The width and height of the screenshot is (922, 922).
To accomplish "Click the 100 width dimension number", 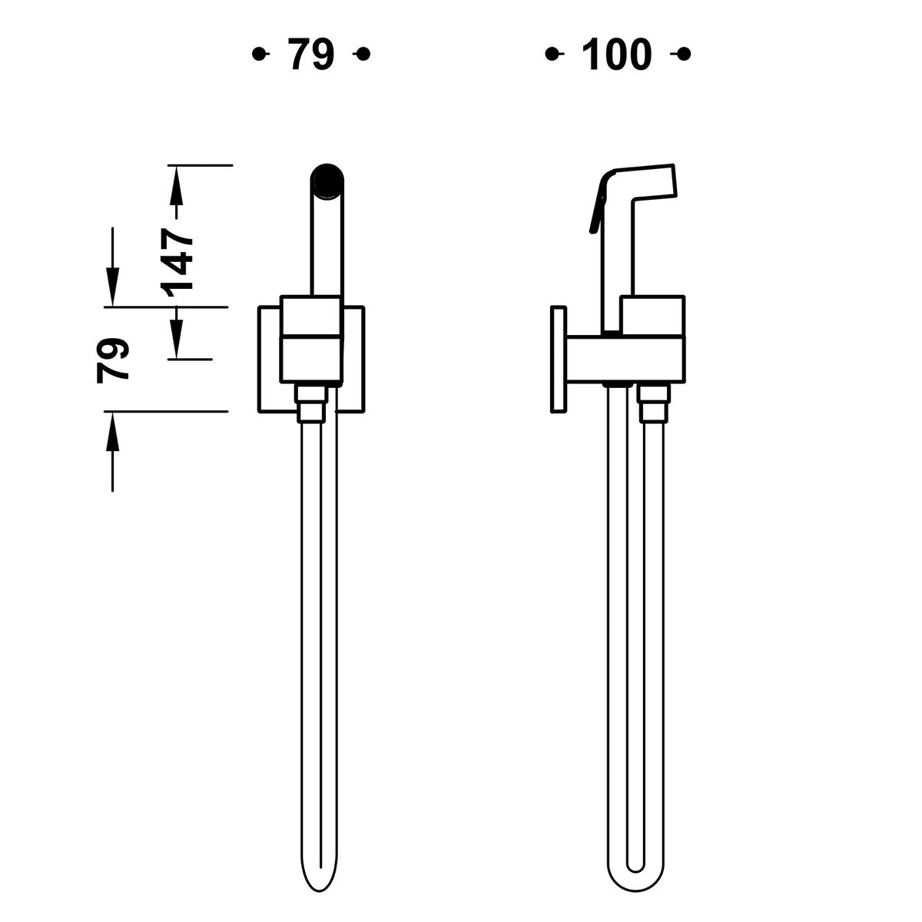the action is tap(617, 54).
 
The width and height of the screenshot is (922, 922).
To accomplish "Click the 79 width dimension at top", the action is tap(311, 54).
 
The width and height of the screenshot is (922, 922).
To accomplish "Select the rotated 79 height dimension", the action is tap(113, 360).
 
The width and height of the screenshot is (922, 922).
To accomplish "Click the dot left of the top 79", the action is tap(259, 54).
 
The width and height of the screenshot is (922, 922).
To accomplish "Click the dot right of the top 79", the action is tap(363, 54).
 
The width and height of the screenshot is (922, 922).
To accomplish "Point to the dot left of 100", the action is tap(552, 54).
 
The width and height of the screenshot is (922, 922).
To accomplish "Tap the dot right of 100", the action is tap(684, 54).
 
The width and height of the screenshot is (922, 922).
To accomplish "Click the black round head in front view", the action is tap(327, 181).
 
